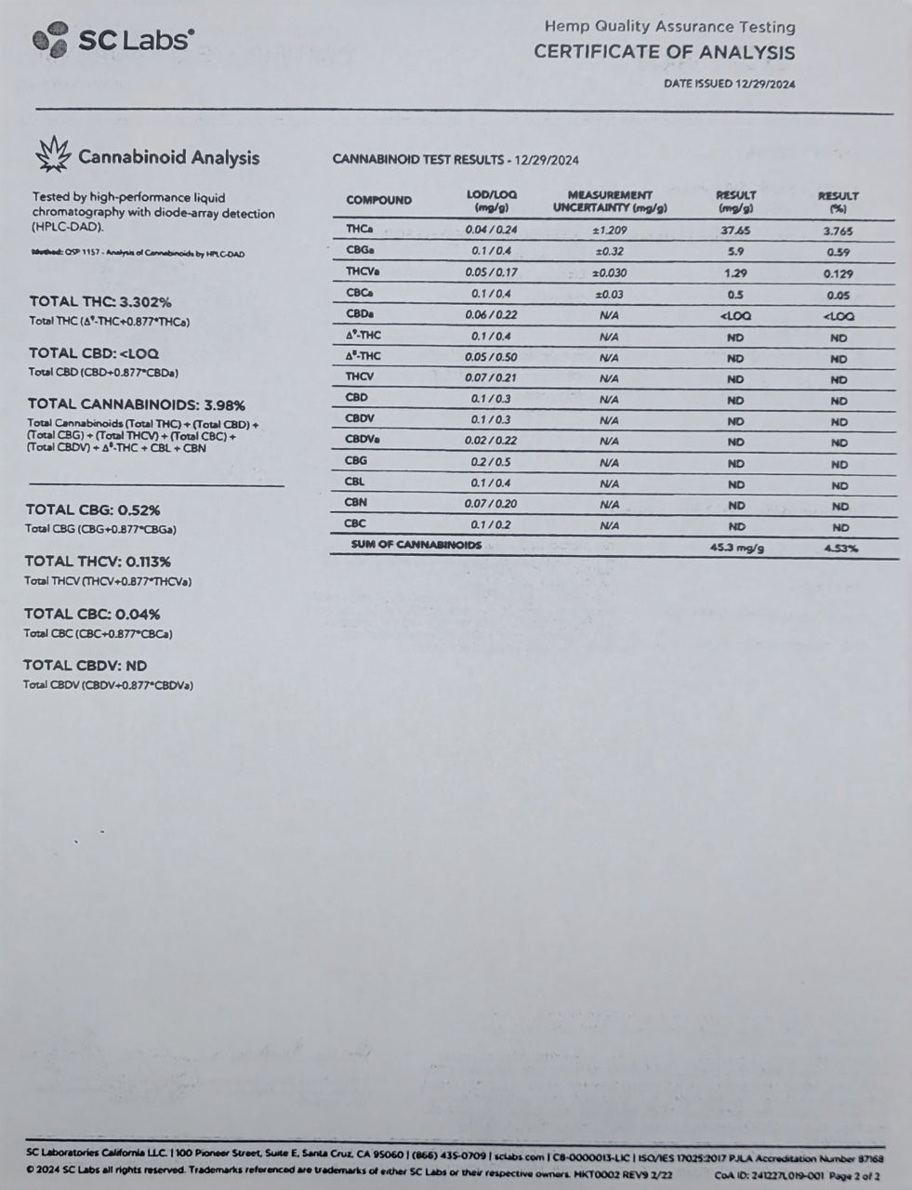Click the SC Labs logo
[x=113, y=39]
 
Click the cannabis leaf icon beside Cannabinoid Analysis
[x=52, y=154]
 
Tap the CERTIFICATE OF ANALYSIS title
[x=664, y=52]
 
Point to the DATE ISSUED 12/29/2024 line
[x=730, y=84]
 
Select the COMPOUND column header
[x=378, y=200]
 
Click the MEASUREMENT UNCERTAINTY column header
[x=610, y=201]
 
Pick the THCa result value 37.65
[x=736, y=231]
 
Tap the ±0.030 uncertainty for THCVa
[x=610, y=272]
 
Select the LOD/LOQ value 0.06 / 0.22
[x=491, y=315]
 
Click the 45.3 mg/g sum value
[x=736, y=547]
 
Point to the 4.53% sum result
[x=839, y=548]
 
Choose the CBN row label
[x=356, y=503]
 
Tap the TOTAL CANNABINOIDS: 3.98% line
[x=136, y=404]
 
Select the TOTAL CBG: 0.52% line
[x=92, y=509]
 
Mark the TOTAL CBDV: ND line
[x=85, y=666]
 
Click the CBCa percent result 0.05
[x=839, y=295]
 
